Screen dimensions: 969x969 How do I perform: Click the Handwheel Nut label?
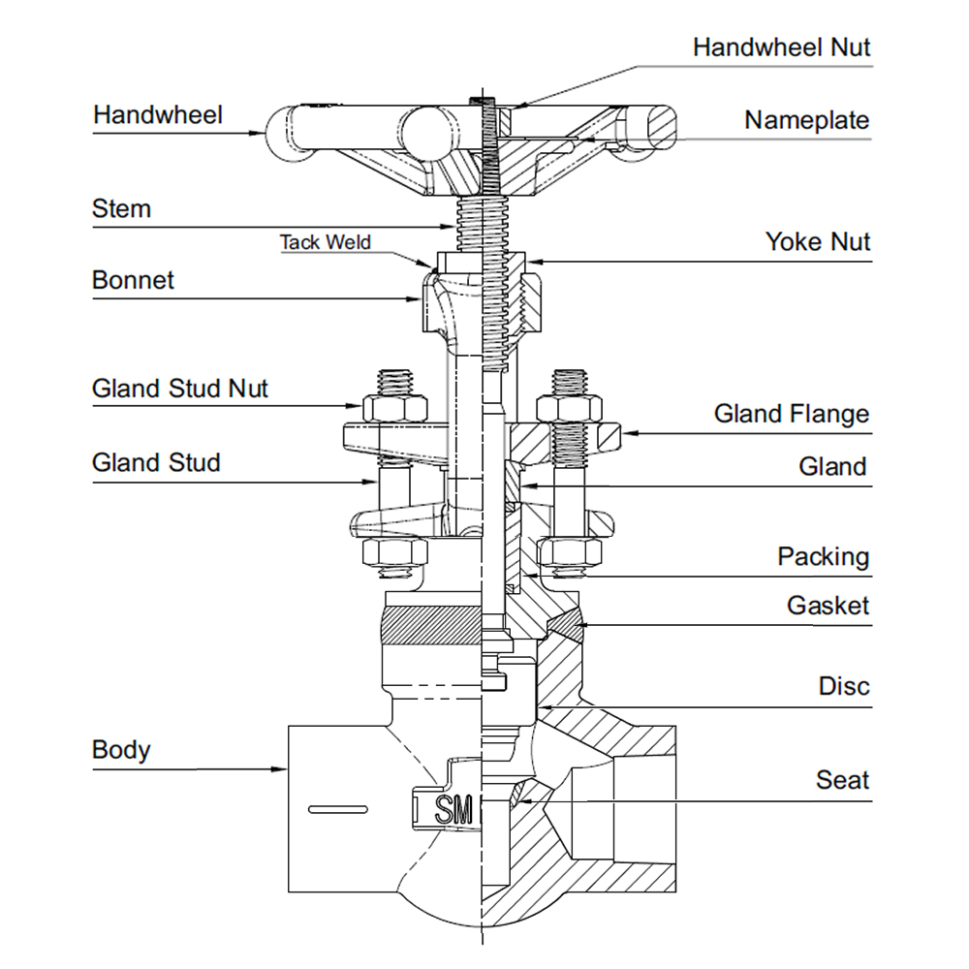[x=782, y=47]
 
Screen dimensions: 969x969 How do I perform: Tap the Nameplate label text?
[x=806, y=120]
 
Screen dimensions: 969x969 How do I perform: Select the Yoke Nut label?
[x=818, y=241]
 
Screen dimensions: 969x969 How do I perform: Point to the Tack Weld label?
[x=326, y=242]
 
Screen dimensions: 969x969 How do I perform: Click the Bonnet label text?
[x=133, y=280]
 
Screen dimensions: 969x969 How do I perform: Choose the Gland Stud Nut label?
[x=180, y=389]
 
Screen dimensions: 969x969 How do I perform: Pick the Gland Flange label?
[x=792, y=414]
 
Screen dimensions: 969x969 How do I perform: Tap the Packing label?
[x=823, y=557]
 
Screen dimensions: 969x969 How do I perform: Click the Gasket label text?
[x=828, y=607]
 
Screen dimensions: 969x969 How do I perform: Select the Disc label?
[x=844, y=687]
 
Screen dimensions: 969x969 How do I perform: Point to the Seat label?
[x=842, y=780]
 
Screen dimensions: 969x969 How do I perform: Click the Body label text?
[x=121, y=750]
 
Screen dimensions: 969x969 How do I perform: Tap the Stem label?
[x=121, y=208]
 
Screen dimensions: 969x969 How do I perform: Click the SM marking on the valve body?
[x=453, y=809]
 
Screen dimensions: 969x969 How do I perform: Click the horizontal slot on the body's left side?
[x=335, y=807]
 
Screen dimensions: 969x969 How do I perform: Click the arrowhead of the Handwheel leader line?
[x=262, y=132]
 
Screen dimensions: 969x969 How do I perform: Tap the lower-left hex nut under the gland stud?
[x=393, y=554]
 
